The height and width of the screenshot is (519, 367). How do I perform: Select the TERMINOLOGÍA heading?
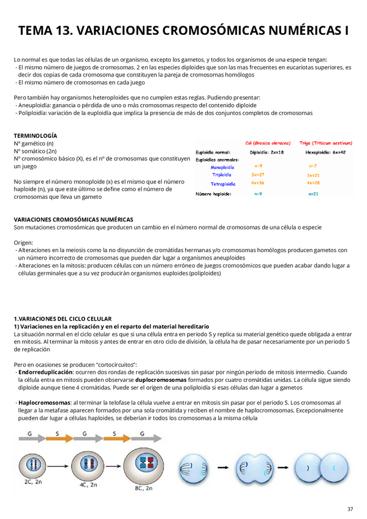click(x=36, y=135)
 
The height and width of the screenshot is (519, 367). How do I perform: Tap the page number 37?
click(x=350, y=509)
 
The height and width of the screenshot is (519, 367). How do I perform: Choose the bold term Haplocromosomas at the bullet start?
click(x=45, y=403)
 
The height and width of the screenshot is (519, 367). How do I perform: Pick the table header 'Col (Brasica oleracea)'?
click(x=268, y=143)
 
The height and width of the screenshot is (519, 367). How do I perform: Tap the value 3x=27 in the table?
click(x=258, y=174)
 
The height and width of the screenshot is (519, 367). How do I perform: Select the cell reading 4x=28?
click(x=312, y=182)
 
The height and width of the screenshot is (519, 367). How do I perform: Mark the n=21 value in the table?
click(x=312, y=193)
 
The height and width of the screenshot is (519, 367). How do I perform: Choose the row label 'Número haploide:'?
click(x=214, y=193)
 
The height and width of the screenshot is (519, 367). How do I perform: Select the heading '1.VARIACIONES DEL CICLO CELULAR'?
click(x=62, y=319)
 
